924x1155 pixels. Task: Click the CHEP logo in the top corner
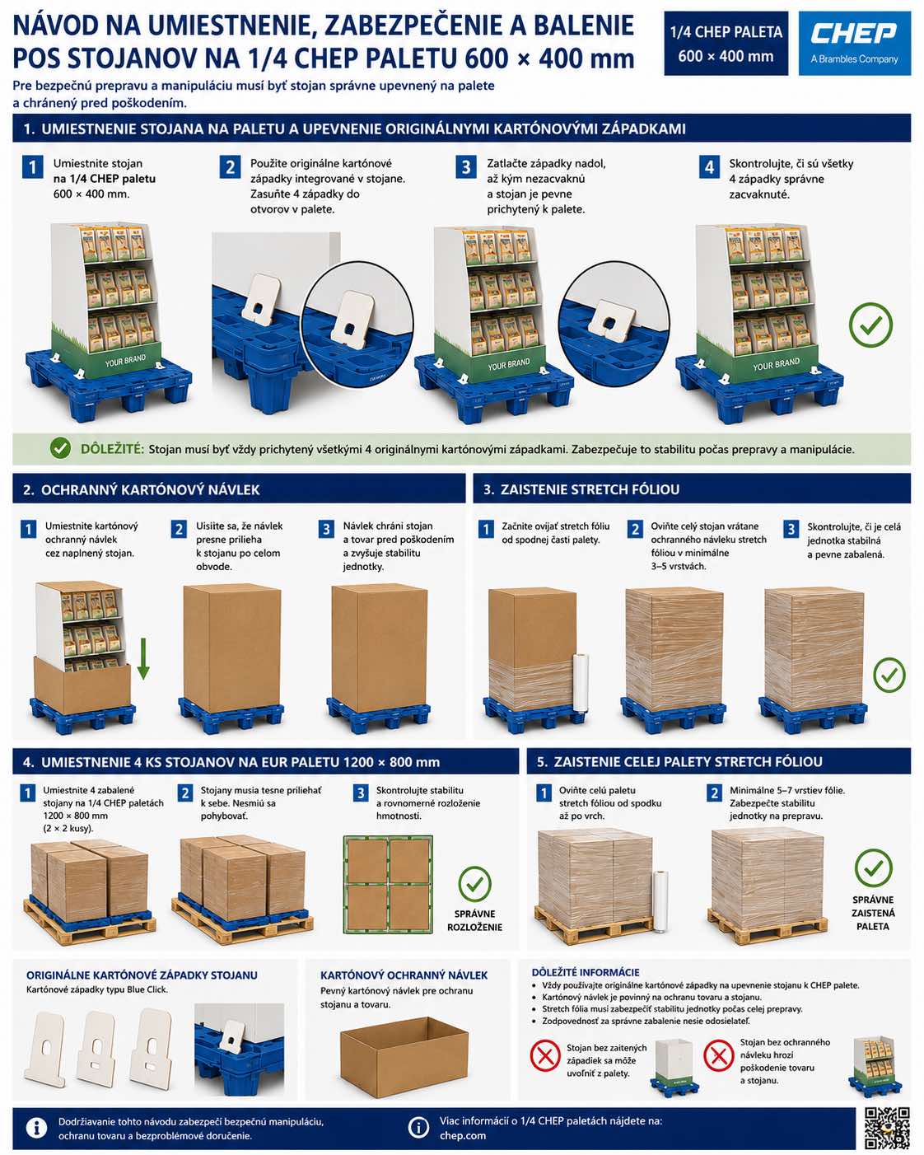pos(854,43)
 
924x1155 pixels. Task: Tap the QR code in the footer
pos(887,1128)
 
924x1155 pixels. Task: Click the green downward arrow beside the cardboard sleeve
pos(142,658)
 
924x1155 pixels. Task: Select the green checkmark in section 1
pos(870,325)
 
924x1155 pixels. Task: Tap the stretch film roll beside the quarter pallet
pos(581,682)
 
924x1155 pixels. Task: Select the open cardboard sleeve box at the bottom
pos(404,1056)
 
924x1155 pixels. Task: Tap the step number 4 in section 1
pos(709,167)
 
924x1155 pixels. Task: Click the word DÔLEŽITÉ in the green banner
pos(112,449)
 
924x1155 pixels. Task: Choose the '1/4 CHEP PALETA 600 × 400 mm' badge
pos(726,44)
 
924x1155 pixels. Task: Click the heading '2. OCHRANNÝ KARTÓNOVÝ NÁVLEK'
pos(142,489)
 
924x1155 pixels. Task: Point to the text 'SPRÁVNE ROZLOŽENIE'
pos(475,920)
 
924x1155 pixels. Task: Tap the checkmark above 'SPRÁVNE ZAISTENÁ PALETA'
pos(873,867)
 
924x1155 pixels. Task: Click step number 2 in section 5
pos(714,793)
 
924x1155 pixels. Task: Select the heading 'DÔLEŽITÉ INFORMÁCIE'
pos(586,972)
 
